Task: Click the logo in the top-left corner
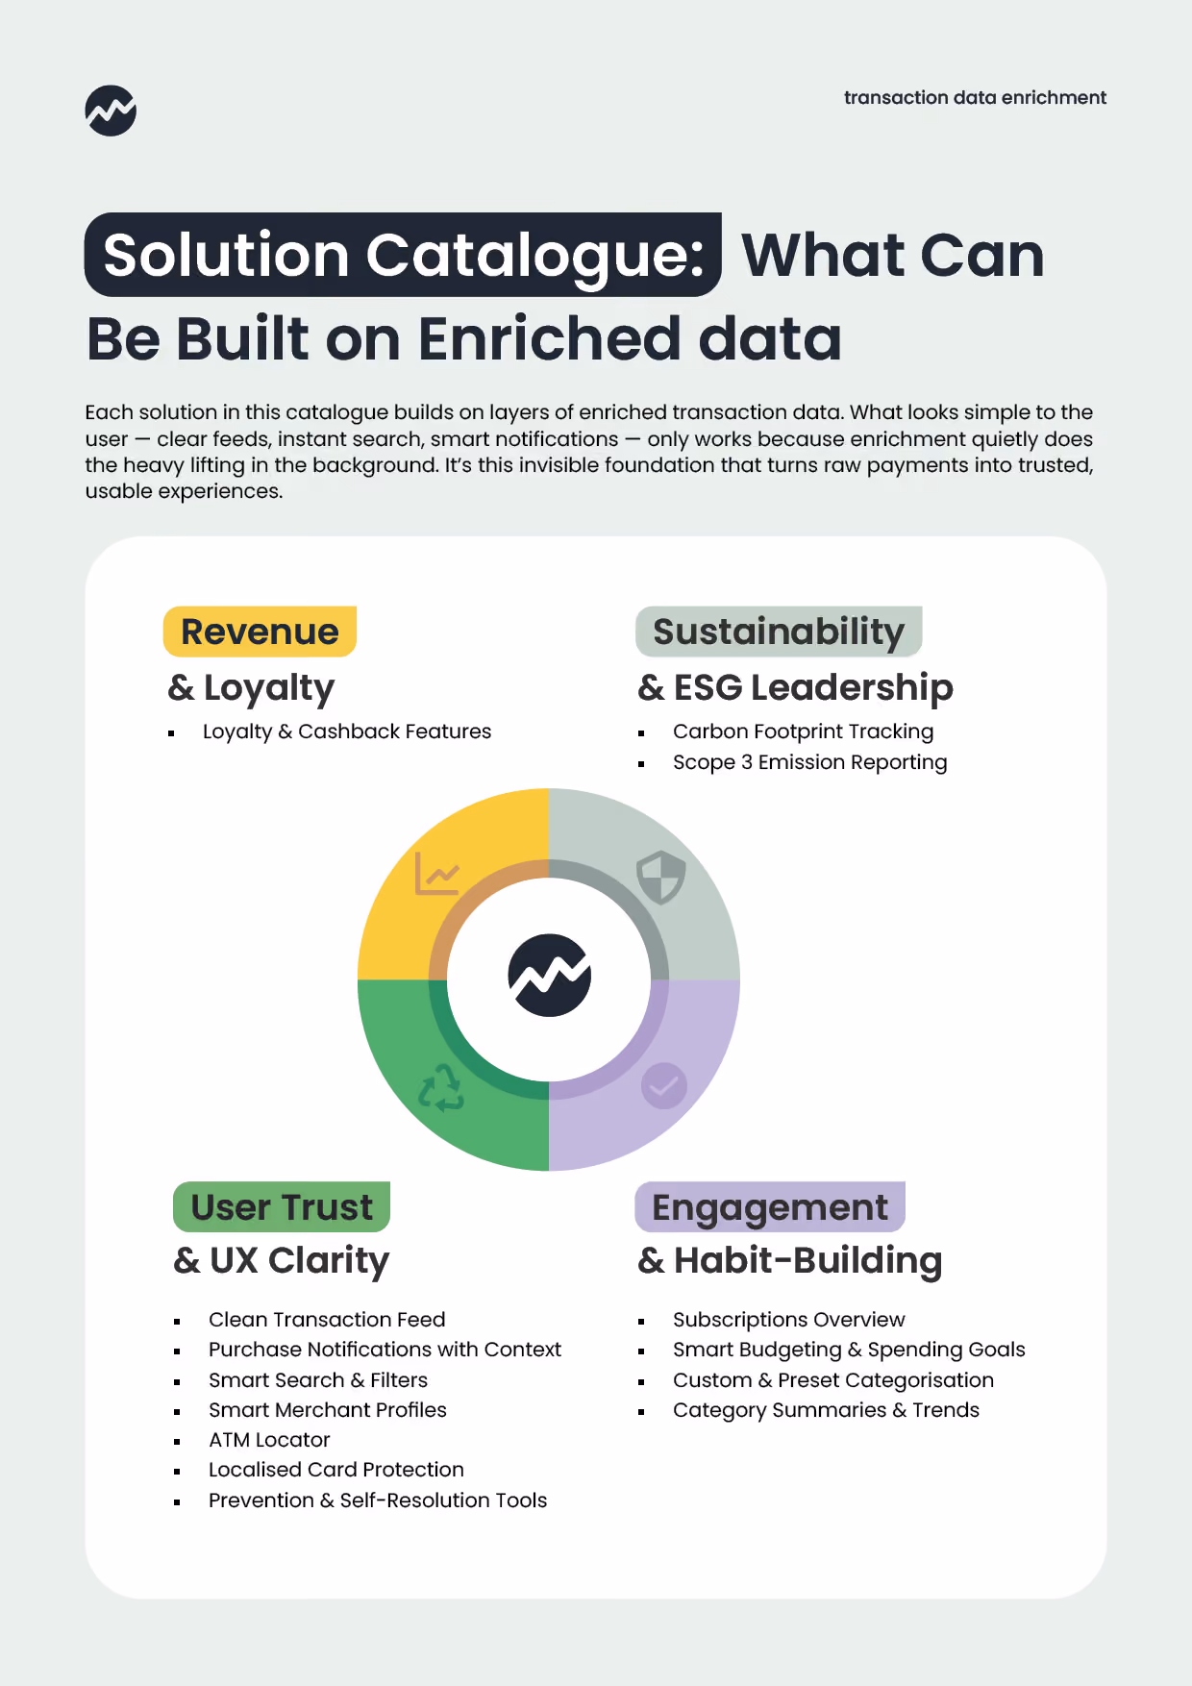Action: pyautogui.click(x=111, y=111)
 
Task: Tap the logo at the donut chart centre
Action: pyautogui.click(x=549, y=975)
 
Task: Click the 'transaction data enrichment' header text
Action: pyautogui.click(x=975, y=97)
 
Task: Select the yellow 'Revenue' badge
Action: pyautogui.click(x=260, y=632)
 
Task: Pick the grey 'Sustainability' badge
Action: pyautogui.click(x=779, y=632)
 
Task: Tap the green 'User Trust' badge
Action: pyautogui.click(x=282, y=1206)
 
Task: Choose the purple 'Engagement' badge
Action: pyautogui.click(x=770, y=1206)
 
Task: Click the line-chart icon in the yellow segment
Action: pyautogui.click(x=437, y=873)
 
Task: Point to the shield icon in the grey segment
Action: pyautogui.click(x=661, y=877)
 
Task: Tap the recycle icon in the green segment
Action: pyautogui.click(x=441, y=1087)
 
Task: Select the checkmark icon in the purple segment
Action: pyautogui.click(x=663, y=1086)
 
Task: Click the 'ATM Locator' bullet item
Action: pyautogui.click(x=269, y=1440)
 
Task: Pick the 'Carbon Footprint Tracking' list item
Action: pyautogui.click(x=803, y=731)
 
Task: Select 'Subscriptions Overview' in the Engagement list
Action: pyautogui.click(x=788, y=1320)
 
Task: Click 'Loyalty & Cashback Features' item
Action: pyautogui.click(x=346, y=731)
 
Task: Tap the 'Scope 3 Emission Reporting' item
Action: pyautogui.click(x=809, y=762)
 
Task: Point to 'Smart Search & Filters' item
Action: pyautogui.click(x=317, y=1380)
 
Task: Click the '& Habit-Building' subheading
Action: pyautogui.click(x=789, y=1260)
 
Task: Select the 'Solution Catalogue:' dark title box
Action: pyautogui.click(x=403, y=255)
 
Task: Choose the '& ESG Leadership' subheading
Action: pyautogui.click(x=795, y=687)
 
